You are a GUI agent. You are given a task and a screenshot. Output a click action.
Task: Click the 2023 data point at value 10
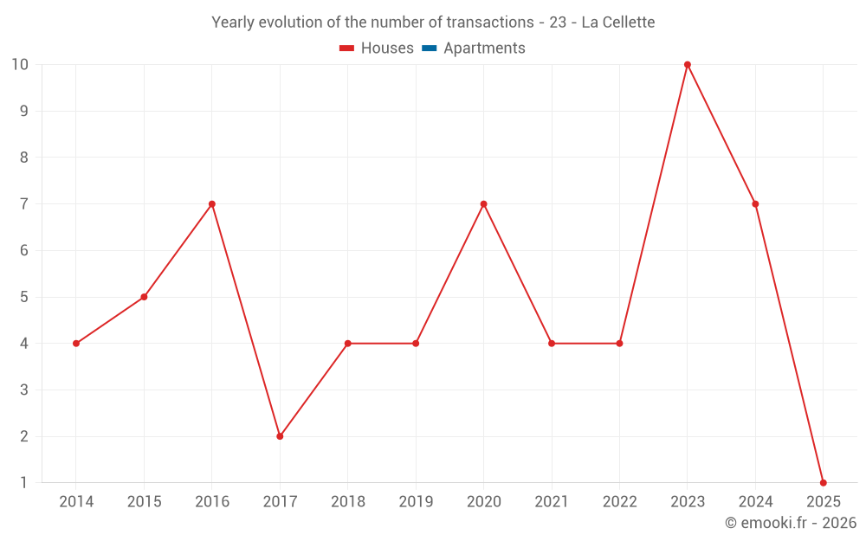[688, 65]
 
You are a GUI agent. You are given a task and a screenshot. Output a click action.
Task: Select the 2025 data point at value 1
[823, 482]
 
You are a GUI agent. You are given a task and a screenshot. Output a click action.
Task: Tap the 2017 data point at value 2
[280, 436]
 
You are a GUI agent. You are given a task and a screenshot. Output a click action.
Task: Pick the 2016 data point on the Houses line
[212, 204]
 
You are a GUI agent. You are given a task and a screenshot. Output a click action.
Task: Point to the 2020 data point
[483, 204]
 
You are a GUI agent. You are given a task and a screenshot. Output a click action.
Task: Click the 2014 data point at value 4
[76, 344]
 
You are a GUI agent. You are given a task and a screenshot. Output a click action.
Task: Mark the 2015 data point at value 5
[144, 297]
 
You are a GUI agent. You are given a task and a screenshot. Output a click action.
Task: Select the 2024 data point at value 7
[755, 204]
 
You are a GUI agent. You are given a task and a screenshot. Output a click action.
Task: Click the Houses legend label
[387, 48]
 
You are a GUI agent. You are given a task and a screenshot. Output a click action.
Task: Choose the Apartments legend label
[484, 48]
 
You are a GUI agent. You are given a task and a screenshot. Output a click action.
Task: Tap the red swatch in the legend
[347, 48]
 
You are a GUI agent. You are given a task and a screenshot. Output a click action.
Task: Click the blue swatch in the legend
[430, 48]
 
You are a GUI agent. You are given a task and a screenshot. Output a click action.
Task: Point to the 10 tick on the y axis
[20, 65]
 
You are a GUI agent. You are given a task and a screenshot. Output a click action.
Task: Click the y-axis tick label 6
[24, 251]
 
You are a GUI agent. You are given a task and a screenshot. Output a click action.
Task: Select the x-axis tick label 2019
[416, 502]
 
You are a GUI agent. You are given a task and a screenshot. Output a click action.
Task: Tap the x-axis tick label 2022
[619, 502]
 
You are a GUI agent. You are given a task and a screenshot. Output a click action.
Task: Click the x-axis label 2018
[347, 502]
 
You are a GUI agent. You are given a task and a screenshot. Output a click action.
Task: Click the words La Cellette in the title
[618, 22]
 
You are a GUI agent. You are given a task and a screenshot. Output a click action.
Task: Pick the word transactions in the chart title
[489, 22]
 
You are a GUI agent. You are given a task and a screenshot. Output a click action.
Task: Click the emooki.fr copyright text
[791, 523]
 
